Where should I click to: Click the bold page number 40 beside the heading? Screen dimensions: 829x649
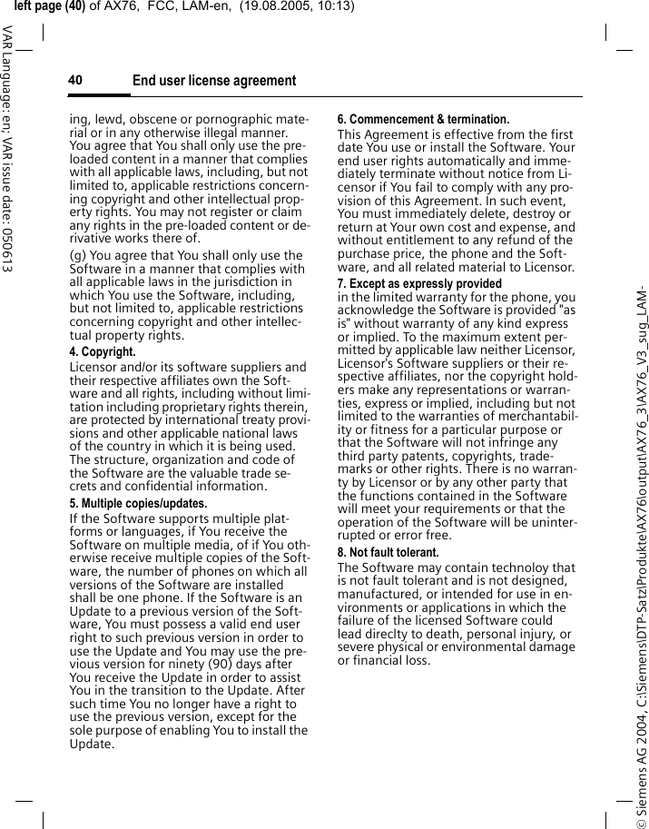(75, 81)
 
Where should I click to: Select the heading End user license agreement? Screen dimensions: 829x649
(214, 82)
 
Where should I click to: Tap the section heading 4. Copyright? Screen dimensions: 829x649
(103, 351)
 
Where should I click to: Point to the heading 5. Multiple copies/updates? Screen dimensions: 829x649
(138, 503)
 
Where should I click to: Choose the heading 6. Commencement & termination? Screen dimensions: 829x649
(423, 119)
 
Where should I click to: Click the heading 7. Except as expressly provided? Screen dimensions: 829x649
(419, 283)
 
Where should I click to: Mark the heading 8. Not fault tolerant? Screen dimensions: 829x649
(388, 552)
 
